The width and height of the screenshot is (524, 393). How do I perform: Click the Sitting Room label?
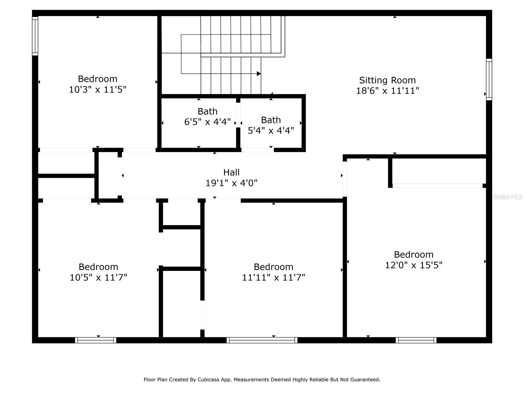pos(387,80)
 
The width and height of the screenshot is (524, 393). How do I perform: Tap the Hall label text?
pos(231,172)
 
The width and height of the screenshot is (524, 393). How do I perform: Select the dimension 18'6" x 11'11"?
pos(387,91)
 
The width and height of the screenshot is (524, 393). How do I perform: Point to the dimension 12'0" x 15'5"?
pos(414,265)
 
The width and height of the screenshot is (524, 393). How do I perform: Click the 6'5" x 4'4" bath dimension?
pos(207,122)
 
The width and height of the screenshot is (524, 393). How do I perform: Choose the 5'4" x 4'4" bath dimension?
pos(271,131)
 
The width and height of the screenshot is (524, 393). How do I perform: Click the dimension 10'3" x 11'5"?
pos(97,89)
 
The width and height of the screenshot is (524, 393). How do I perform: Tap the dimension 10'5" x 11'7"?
pos(98,277)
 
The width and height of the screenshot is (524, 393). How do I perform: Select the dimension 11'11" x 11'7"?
pos(273,277)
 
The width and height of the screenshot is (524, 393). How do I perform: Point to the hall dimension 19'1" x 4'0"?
pos(231,183)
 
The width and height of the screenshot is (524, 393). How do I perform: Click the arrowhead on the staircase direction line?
pos(258,73)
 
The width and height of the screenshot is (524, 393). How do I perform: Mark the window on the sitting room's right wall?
pos(489,80)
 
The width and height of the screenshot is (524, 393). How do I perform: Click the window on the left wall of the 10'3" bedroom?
pos(35,36)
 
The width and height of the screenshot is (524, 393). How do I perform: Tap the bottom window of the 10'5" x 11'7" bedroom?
pos(96,340)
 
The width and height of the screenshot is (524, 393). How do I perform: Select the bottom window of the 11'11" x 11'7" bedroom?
pos(262,340)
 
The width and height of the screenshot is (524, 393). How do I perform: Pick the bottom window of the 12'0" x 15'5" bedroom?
pos(416,340)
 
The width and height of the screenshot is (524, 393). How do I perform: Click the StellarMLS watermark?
pos(508,196)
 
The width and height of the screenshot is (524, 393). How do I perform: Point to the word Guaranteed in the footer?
pos(367,379)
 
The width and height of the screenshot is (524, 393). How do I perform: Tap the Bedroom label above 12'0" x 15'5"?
pos(414,254)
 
